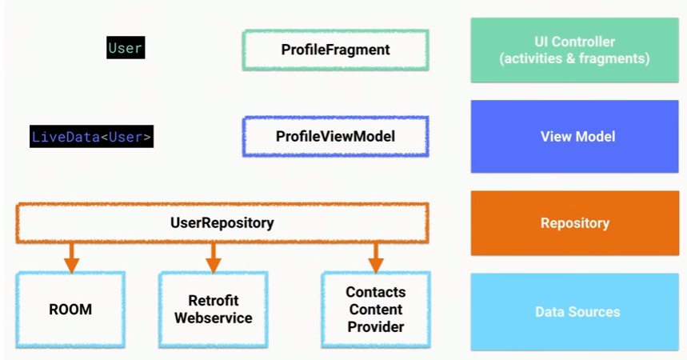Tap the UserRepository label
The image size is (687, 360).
point(222,222)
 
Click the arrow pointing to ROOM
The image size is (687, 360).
point(72,258)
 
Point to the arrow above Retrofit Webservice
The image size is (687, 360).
point(214,258)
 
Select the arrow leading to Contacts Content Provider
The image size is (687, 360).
point(376,258)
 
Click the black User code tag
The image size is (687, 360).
point(126,47)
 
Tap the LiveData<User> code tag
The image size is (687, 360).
point(91,136)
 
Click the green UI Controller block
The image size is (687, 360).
point(575,50)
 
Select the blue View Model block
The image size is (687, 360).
point(575,136)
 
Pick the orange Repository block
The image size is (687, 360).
point(575,222)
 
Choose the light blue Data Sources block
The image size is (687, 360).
point(575,312)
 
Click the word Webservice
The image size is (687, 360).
point(214,318)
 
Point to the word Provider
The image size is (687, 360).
point(376,326)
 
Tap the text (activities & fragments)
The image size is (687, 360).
point(575,58)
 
